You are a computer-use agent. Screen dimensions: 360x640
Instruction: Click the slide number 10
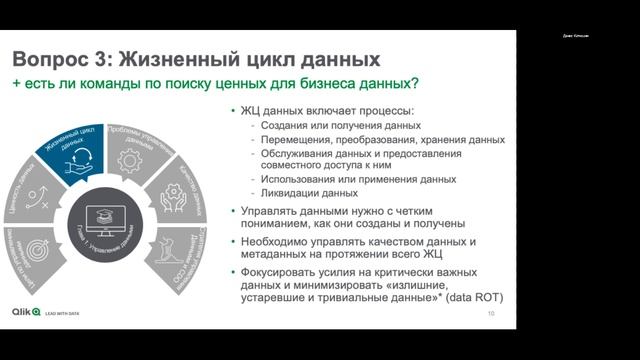click(491, 314)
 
